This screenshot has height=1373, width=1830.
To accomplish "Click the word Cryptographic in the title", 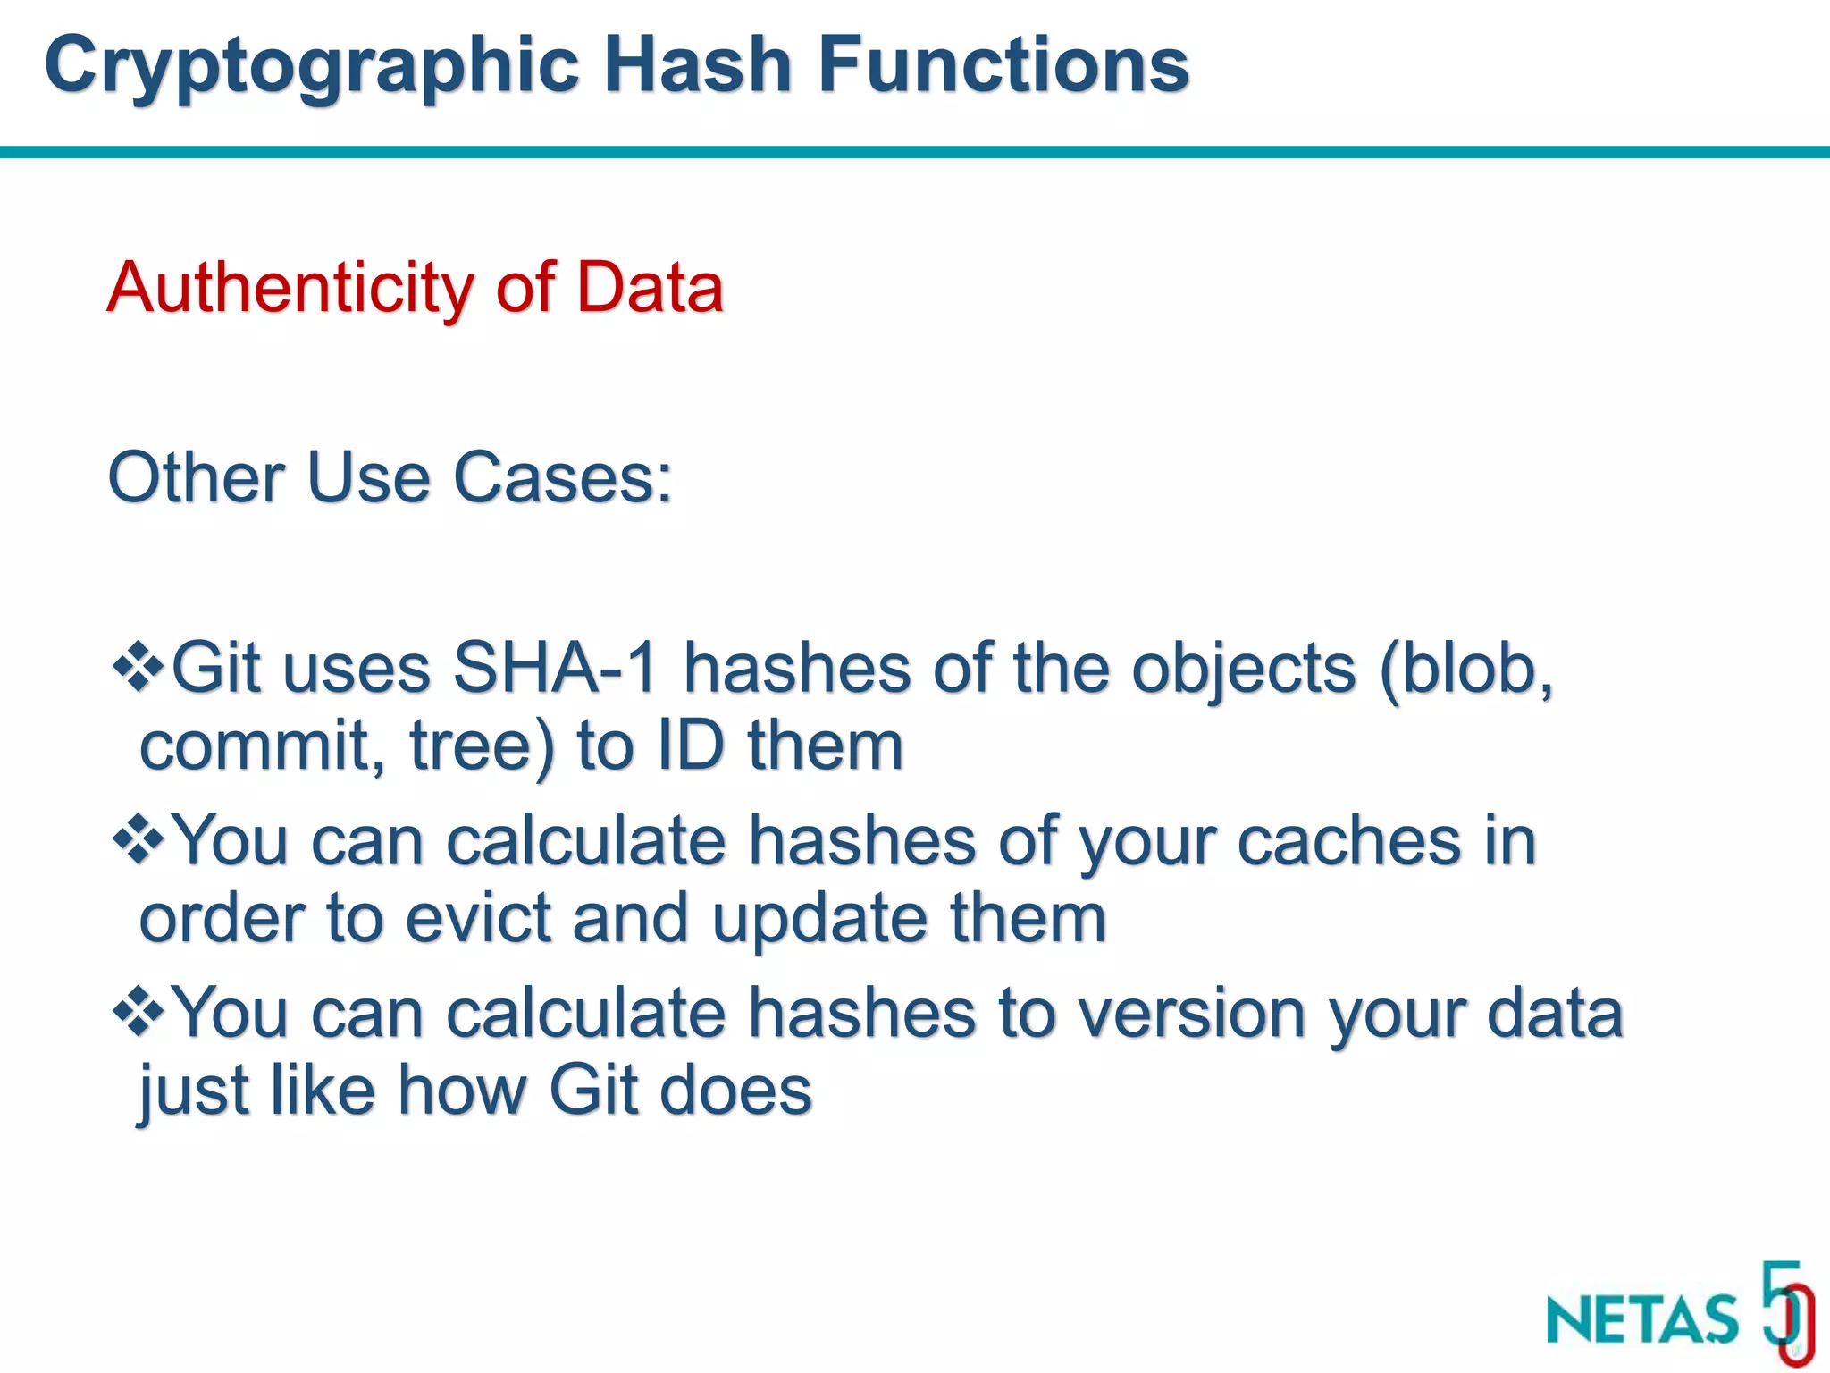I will (x=312, y=67).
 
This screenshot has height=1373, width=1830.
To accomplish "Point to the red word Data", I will (x=650, y=288).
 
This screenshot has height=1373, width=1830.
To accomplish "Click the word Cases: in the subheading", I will (x=563, y=478).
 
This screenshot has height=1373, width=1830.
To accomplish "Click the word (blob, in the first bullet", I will (x=1466, y=669).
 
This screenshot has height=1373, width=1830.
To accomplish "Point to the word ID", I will (x=690, y=745).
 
